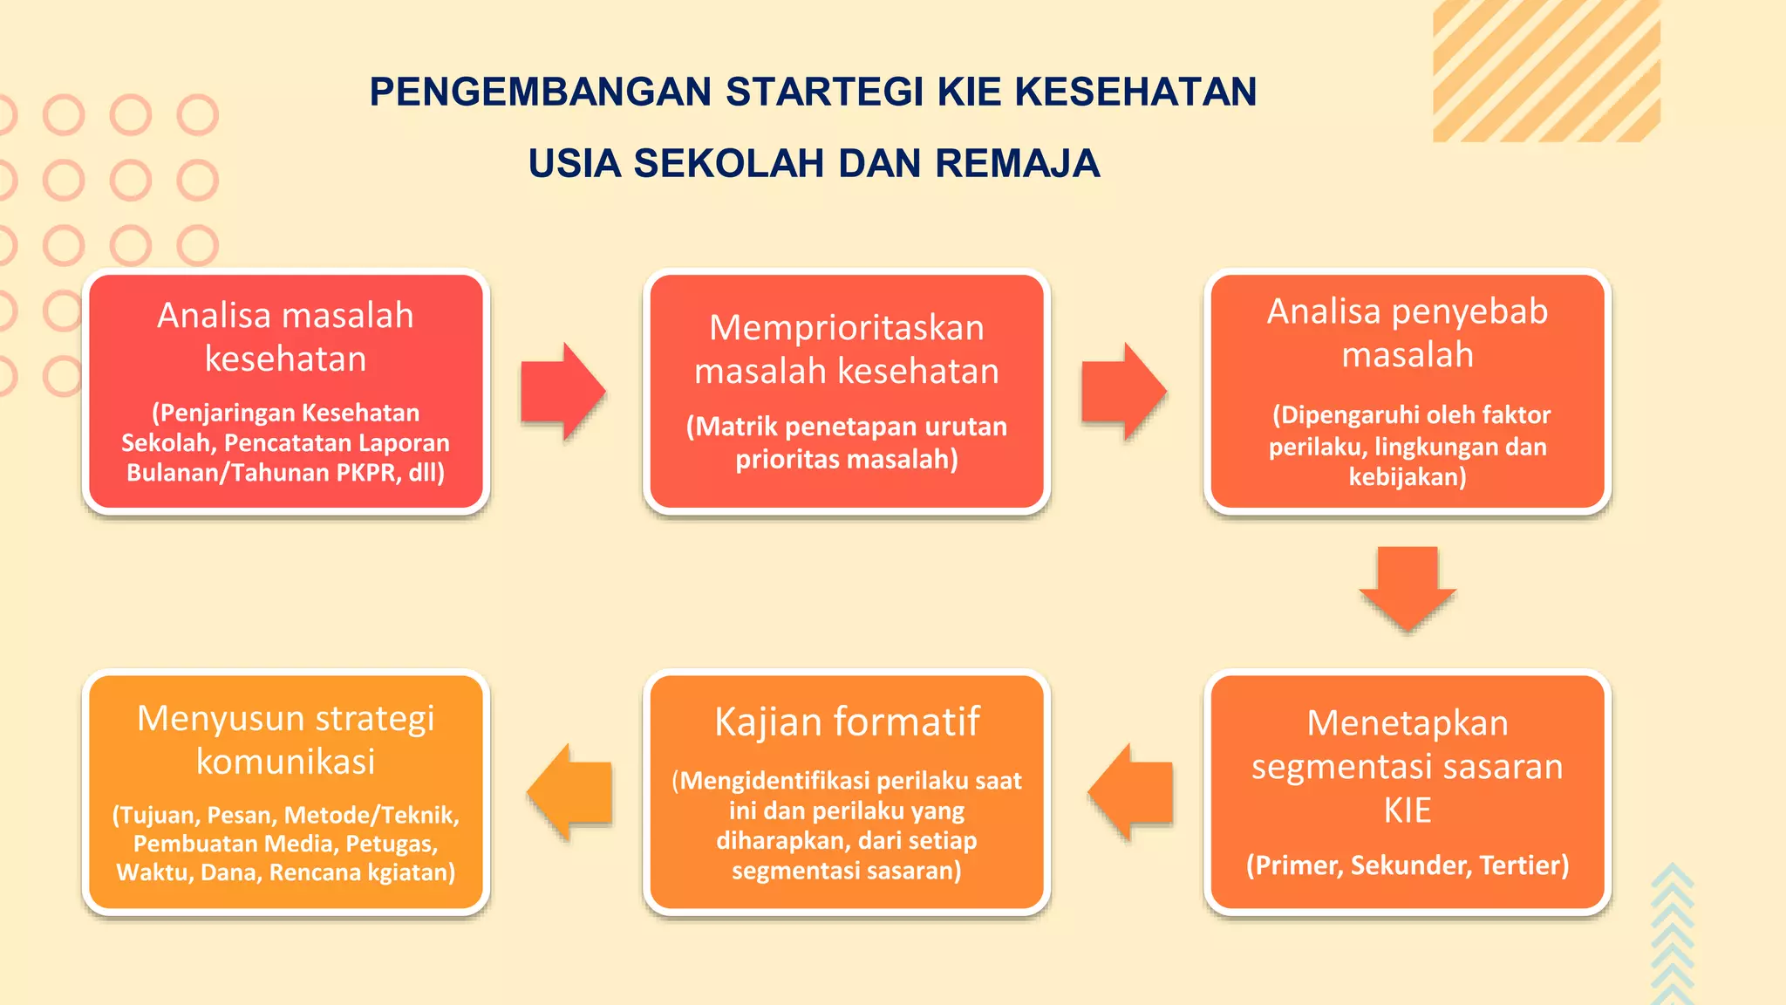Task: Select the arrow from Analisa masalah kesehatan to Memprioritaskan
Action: point(562,391)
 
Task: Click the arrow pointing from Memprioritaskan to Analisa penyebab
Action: point(1123,391)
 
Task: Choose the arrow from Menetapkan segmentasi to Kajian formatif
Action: point(1131,792)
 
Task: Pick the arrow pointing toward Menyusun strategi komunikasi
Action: point(570,792)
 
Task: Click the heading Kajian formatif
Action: point(847,722)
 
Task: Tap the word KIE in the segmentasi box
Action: point(1408,810)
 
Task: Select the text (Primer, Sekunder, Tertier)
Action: point(1408,865)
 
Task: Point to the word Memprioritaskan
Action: point(847,328)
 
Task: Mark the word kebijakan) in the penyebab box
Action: point(1408,477)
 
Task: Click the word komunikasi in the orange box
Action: point(285,762)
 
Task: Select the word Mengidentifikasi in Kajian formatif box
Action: point(777,781)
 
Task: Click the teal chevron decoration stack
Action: point(1672,933)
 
